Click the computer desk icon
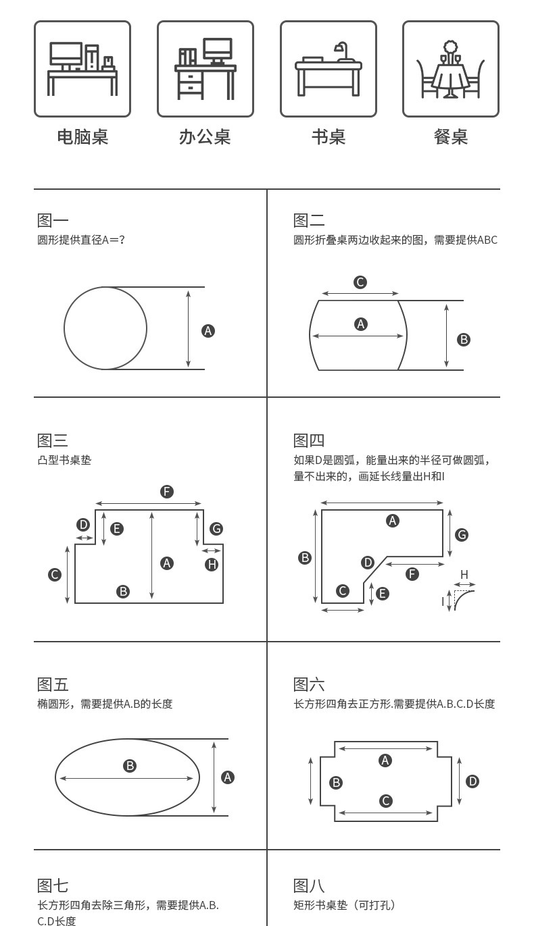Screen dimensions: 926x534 point(82,69)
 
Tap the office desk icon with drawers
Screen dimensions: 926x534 point(205,69)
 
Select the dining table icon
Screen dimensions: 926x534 point(450,69)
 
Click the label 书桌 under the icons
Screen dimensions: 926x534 point(329,137)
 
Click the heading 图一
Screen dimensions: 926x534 point(53,220)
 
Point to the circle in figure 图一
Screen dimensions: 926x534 point(105,328)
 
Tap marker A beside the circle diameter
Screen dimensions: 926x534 point(208,330)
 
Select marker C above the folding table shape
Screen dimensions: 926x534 point(360,282)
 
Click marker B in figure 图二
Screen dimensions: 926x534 point(464,340)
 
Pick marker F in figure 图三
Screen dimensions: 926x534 point(167,492)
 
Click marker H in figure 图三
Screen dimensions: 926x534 point(212,565)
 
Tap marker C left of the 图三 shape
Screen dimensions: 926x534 point(55,575)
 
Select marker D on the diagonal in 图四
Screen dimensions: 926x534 point(368,562)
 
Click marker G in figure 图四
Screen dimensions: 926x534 point(462,535)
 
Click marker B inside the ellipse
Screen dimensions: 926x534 point(130,765)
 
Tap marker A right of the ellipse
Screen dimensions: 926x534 point(228,777)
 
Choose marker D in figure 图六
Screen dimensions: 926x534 point(472,781)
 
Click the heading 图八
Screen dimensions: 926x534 point(309,885)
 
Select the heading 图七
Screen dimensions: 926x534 point(53,885)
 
